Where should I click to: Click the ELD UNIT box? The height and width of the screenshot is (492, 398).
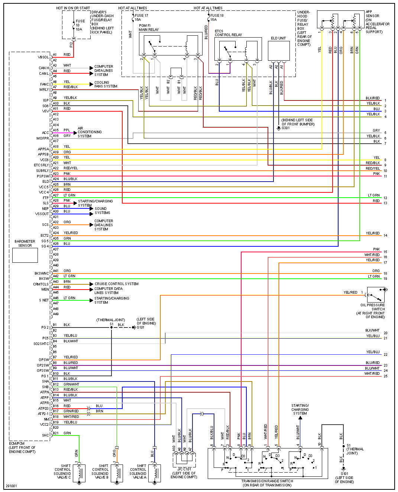(x=279, y=51)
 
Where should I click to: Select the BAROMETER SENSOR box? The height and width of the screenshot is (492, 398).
(x=25, y=255)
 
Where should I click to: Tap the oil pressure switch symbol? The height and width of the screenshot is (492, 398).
(x=376, y=295)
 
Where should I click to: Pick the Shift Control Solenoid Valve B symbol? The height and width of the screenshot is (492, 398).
(x=117, y=473)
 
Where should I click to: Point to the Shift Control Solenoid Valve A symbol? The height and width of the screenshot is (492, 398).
(x=155, y=473)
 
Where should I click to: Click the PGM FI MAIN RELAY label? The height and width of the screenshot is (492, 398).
(x=149, y=28)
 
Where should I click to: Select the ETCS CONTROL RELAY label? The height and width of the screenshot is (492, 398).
(x=228, y=33)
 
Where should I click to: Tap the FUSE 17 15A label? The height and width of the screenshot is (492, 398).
(x=141, y=17)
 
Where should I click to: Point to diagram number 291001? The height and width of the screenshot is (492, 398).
(x=11, y=486)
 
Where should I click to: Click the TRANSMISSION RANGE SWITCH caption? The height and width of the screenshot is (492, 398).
(x=267, y=483)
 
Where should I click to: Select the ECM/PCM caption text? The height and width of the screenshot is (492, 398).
(x=22, y=447)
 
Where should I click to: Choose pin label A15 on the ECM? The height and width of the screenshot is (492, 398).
(x=56, y=130)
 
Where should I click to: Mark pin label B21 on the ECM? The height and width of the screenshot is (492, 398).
(x=55, y=433)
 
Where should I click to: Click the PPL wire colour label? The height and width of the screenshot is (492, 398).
(x=67, y=130)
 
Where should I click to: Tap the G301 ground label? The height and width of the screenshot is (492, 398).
(x=286, y=128)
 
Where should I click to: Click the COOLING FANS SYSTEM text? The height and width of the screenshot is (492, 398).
(x=106, y=84)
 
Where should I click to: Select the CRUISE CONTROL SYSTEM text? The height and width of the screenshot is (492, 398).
(x=116, y=284)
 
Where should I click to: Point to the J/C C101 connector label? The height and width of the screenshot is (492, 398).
(x=184, y=469)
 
